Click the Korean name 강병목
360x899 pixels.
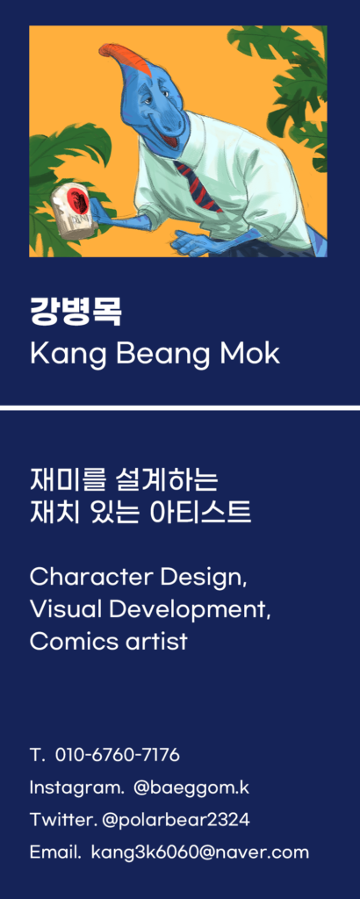coord(76,312)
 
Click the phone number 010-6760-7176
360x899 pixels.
coord(118,755)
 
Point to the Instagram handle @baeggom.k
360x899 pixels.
coord(191,788)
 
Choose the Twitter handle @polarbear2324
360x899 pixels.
coord(176,820)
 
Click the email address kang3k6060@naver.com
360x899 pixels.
coord(200,852)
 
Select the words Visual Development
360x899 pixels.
coord(150,610)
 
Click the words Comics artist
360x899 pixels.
coord(108,641)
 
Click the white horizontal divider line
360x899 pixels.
coord(180,407)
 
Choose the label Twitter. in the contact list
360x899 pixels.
coord(63,820)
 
